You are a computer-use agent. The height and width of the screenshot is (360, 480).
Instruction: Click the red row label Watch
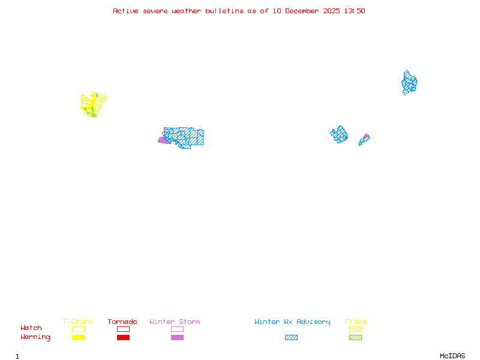coord(31,328)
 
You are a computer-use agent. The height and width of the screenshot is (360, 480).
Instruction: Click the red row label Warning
coord(35,337)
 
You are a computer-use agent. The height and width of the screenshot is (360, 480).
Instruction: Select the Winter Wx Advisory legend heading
coord(292,322)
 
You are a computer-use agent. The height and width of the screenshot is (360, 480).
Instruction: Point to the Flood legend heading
coord(355,322)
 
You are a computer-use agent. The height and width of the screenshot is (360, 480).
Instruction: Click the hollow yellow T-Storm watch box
coord(78,329)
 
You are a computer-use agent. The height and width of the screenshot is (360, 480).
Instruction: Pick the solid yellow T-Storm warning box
coord(78,337)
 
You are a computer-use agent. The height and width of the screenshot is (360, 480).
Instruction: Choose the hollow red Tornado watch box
coord(123,329)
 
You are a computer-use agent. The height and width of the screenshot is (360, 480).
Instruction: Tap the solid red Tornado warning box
coord(123,337)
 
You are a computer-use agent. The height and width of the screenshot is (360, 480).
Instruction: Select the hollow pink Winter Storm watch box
coord(177,329)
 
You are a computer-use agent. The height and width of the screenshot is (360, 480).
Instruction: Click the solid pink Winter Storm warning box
coord(177,337)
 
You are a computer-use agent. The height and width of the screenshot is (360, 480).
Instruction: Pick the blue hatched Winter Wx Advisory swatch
coord(291,337)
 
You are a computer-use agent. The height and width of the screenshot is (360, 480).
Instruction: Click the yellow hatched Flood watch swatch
coord(355,329)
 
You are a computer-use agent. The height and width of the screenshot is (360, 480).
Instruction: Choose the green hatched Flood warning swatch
coord(355,337)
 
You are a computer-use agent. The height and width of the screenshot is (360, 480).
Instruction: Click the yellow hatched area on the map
coord(92,104)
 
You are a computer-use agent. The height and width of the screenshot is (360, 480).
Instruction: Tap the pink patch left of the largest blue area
coord(163,140)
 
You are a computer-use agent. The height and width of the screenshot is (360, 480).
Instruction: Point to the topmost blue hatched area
coord(409,83)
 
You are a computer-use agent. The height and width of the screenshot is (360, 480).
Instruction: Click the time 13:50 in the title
coord(355,11)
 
